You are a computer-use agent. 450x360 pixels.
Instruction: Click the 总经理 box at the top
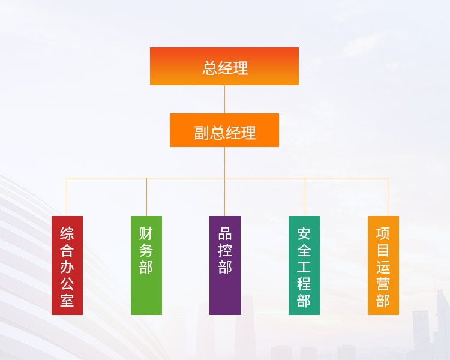point(224,67)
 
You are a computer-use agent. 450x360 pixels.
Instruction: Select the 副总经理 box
point(224,130)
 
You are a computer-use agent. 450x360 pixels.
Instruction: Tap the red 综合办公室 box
point(67,265)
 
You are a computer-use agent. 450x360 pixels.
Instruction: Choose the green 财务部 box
point(146,265)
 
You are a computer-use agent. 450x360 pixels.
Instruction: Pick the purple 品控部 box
point(225,265)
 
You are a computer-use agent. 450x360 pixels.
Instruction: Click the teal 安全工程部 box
point(304,265)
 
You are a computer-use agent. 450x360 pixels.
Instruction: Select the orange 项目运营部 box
point(383,265)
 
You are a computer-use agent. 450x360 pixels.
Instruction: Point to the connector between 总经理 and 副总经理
point(225,100)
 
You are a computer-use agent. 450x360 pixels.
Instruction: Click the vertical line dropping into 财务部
point(146,197)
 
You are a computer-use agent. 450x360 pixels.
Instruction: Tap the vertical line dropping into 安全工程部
point(304,197)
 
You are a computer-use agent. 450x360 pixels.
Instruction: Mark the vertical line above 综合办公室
point(67,197)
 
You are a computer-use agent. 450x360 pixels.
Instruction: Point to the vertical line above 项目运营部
point(388,197)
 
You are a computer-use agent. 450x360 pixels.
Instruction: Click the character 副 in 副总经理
point(202,133)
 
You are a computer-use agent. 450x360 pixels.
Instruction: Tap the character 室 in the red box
point(67,300)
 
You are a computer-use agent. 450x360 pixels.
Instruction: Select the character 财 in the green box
point(146,233)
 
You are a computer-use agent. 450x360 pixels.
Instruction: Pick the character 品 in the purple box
point(225,233)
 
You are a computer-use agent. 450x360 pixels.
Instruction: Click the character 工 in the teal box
point(304,267)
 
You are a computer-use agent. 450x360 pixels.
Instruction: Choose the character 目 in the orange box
point(383,250)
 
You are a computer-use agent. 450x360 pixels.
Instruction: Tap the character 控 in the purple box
point(225,250)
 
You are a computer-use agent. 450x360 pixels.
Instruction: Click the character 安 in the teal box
point(304,233)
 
